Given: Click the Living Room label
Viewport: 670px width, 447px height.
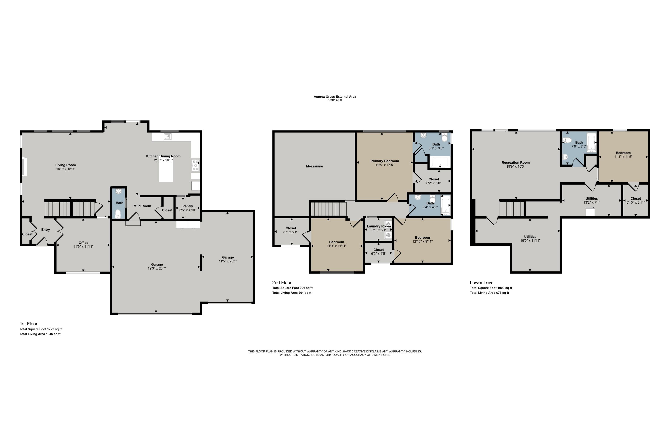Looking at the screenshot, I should point(65,165).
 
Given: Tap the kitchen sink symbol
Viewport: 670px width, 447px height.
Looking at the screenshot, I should point(167,137).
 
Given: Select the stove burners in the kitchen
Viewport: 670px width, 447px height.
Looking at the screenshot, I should point(195,166).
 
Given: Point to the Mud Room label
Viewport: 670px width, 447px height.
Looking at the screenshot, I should point(142,206).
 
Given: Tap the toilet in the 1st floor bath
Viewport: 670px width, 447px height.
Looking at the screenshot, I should point(118,213).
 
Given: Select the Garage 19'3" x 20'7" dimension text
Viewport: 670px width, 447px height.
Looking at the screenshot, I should point(157,268).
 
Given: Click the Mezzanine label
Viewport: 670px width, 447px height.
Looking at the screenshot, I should point(314,167).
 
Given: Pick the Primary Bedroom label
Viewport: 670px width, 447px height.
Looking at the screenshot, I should point(385,161).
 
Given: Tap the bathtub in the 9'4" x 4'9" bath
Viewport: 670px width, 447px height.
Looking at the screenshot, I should point(446,205).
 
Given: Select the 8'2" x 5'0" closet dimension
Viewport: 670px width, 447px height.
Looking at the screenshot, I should point(433,183).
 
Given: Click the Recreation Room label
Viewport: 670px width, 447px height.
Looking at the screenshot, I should point(516,163).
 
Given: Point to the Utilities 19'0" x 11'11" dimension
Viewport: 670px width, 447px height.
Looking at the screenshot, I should point(530,241).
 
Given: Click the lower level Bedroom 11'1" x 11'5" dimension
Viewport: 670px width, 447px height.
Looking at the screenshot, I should point(623,157).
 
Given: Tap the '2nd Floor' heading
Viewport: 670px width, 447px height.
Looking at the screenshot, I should point(282,283).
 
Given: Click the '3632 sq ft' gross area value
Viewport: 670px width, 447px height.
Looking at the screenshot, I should point(335,100).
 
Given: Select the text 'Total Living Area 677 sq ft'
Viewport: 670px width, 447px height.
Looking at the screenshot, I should point(489,293).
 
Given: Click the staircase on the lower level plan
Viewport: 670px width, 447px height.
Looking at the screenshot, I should point(512,209).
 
